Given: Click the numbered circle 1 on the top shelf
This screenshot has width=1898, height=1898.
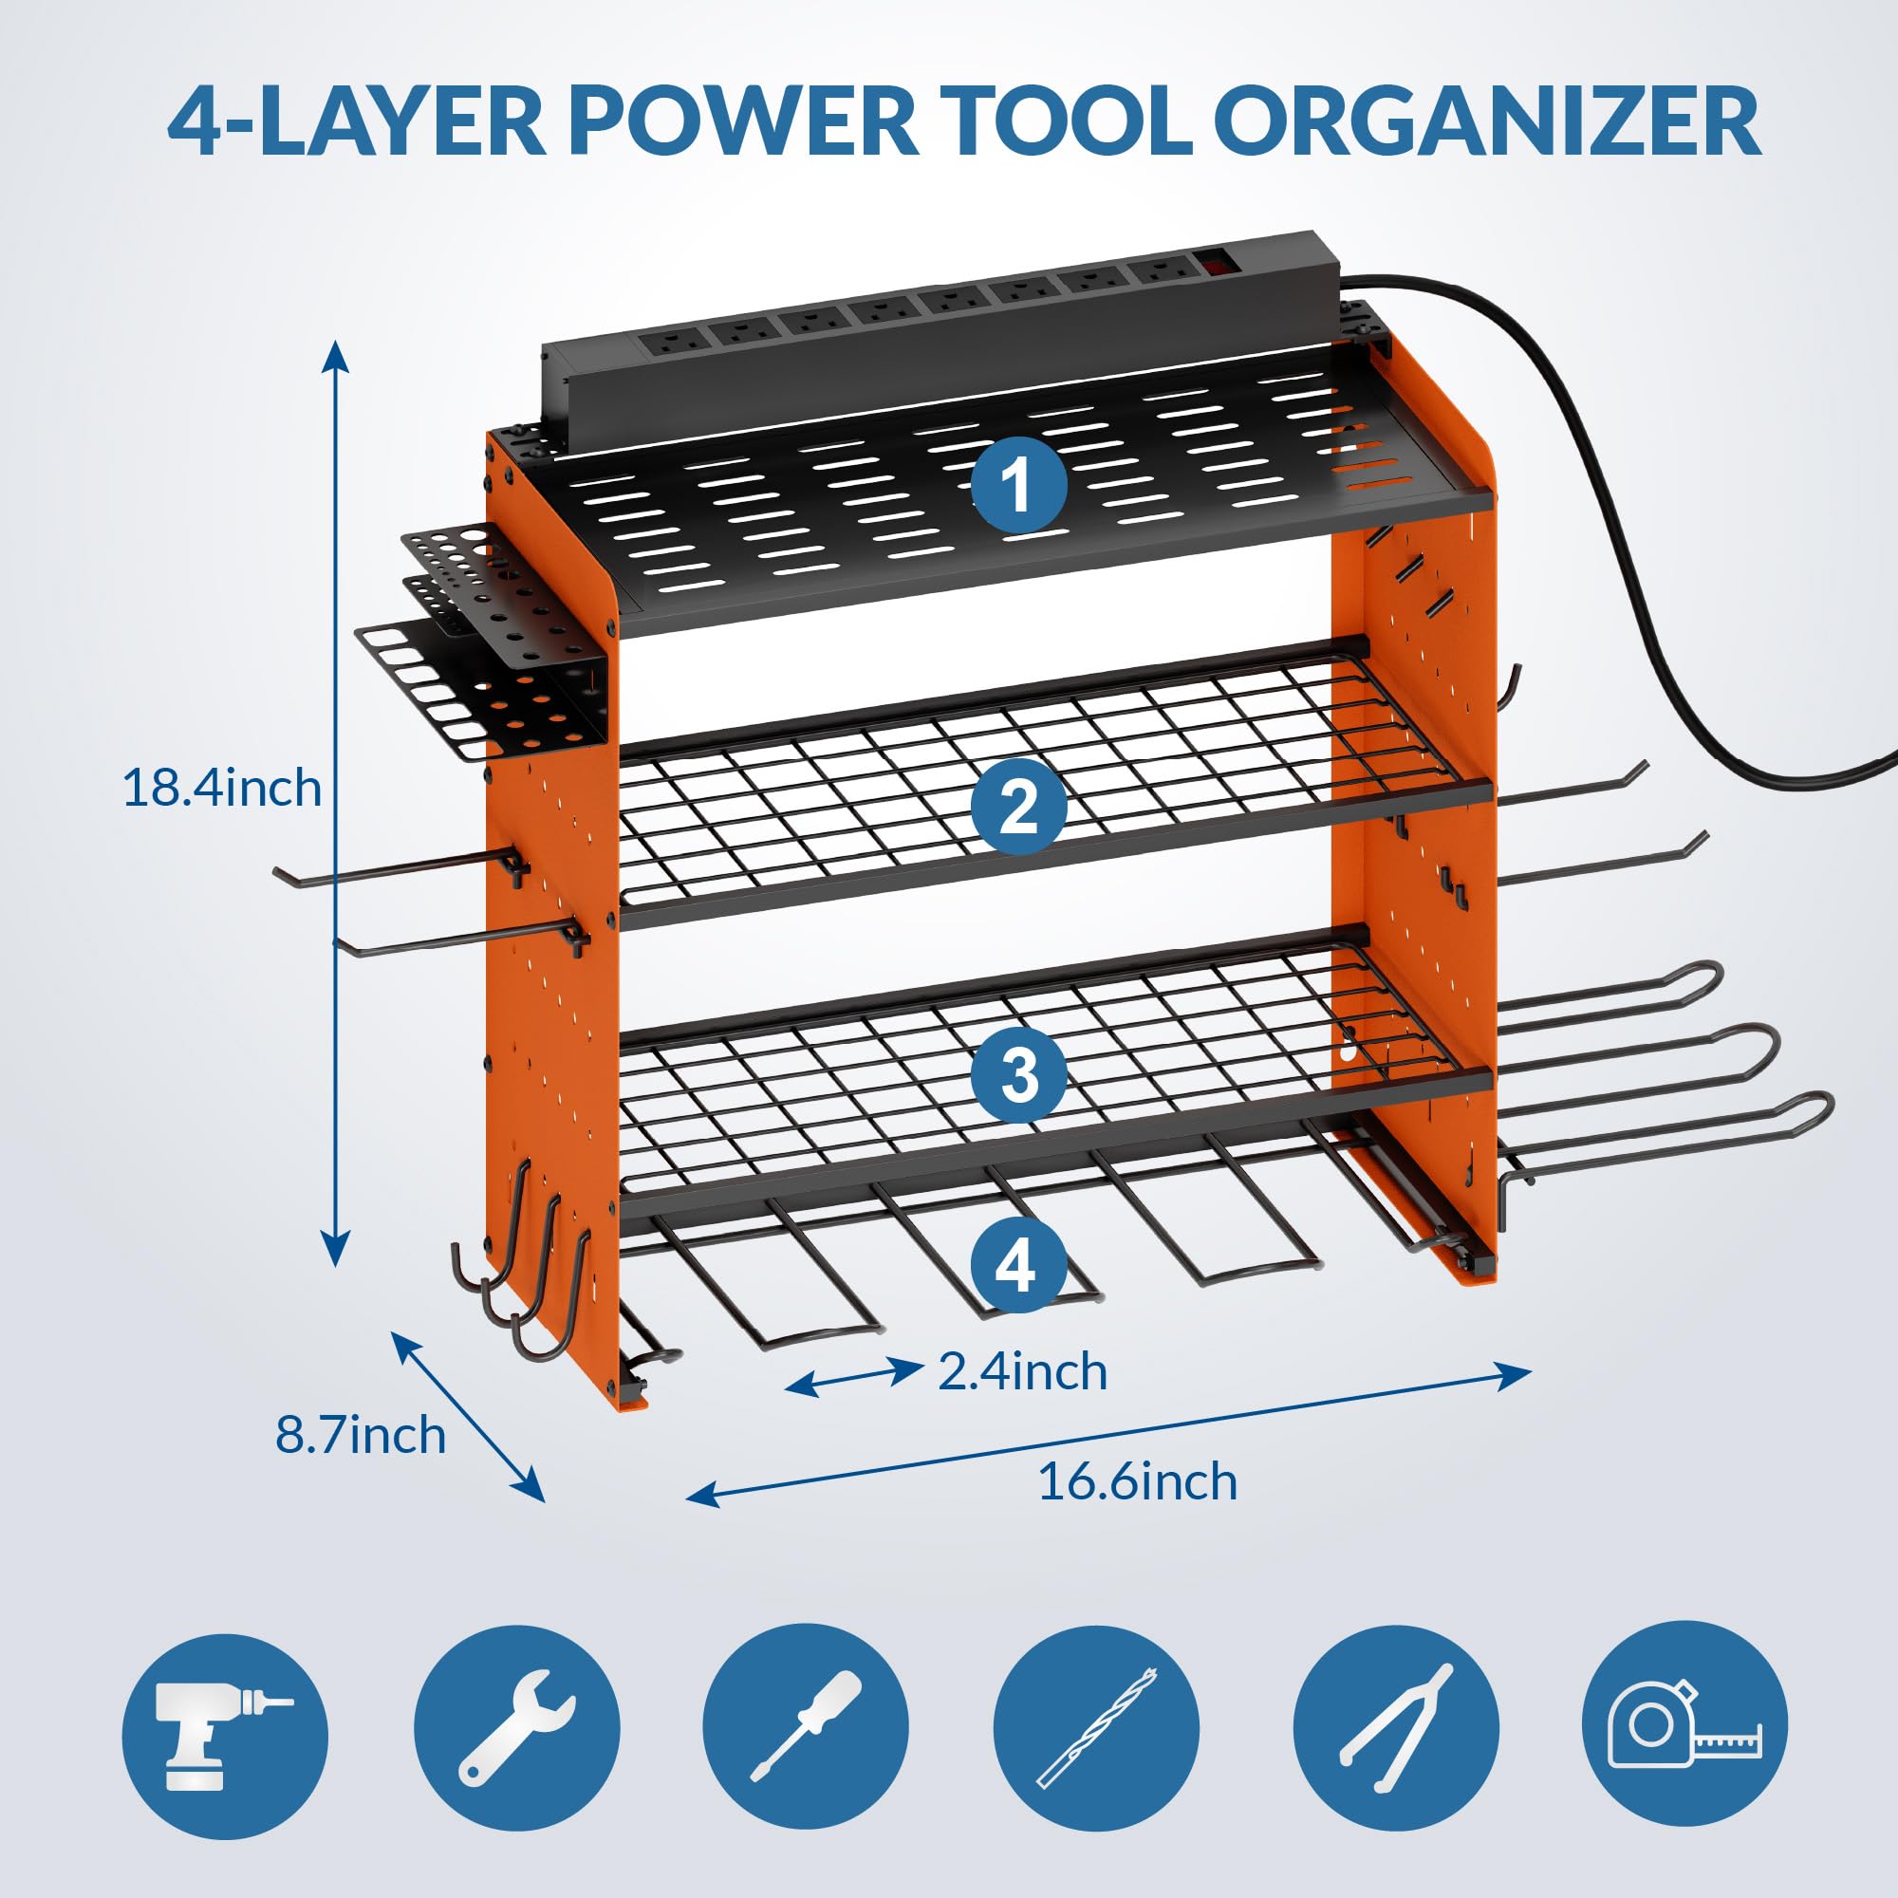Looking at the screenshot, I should (x=1018, y=484).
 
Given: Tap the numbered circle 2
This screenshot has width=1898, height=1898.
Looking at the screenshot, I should (x=1018, y=807).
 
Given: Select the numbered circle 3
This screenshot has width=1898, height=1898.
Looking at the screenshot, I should (x=1018, y=1073).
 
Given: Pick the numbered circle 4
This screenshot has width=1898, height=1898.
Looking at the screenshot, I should (x=1017, y=1264).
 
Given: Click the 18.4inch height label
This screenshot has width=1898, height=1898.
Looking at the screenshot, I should (x=222, y=789).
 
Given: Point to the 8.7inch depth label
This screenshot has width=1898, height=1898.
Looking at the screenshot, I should (x=360, y=1435).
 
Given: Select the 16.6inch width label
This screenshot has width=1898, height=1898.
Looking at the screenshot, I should (x=1137, y=1481).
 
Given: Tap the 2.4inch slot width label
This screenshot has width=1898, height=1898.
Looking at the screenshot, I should (x=1022, y=1371).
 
